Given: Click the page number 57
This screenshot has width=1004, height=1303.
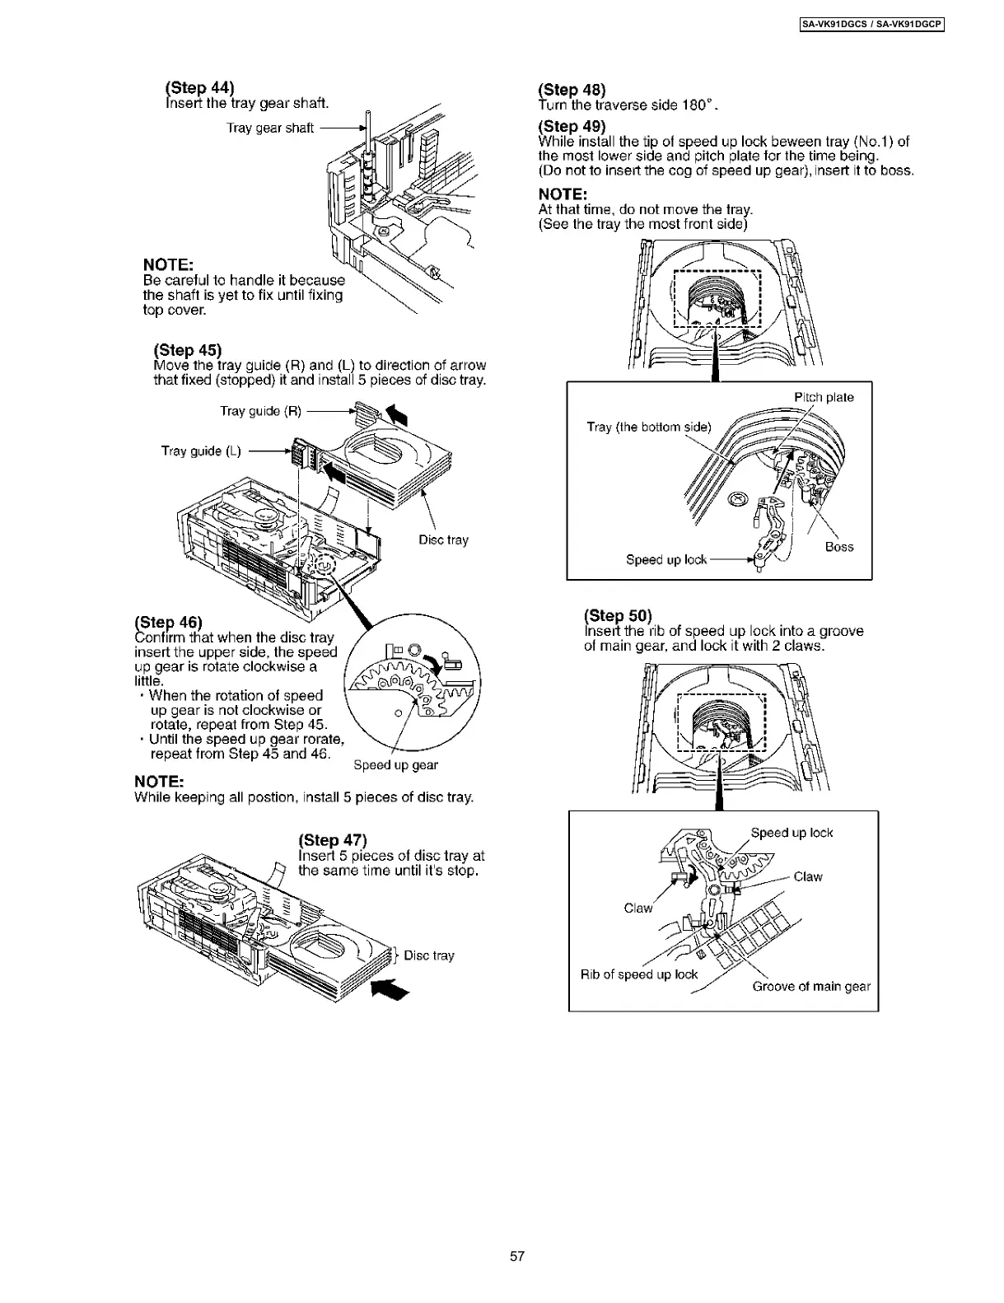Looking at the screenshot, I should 517,1256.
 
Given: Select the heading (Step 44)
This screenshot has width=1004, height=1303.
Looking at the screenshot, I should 200,88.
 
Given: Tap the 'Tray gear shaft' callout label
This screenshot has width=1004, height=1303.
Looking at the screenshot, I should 270,128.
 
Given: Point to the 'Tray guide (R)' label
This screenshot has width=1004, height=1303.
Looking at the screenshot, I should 261,411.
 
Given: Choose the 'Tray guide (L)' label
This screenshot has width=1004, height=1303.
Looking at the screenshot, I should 201,451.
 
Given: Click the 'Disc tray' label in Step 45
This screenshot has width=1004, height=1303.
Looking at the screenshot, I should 443,540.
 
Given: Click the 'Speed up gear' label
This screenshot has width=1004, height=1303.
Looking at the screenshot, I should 395,765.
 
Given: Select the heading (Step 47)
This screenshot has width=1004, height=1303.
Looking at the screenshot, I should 332,840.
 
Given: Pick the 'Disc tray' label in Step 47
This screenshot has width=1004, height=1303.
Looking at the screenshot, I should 428,955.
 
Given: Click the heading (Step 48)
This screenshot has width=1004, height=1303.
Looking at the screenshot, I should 572,90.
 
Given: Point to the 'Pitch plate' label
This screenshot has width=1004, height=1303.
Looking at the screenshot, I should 824,398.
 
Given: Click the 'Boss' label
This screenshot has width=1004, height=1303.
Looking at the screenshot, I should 839,547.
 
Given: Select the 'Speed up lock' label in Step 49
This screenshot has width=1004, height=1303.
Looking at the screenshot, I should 666,560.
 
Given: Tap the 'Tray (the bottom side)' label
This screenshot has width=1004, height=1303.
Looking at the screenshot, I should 648,427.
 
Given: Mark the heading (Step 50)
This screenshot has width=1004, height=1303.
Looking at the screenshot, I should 618,615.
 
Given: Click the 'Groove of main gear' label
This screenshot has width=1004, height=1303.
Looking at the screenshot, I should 811,987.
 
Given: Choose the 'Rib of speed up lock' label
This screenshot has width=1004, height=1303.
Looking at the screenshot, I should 639,974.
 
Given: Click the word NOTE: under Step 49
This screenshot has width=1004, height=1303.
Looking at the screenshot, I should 563,194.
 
